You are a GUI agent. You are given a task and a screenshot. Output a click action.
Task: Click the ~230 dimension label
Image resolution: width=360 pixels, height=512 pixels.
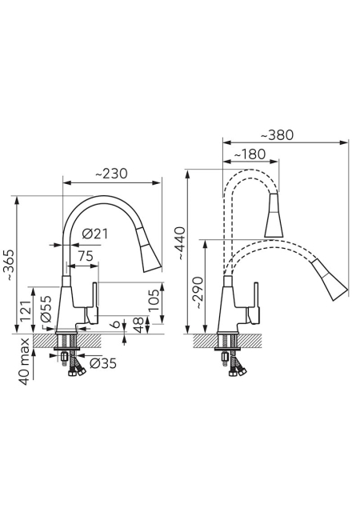click(x=111, y=174)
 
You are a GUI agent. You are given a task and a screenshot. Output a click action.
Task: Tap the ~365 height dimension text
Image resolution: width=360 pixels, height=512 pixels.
click(x=10, y=266)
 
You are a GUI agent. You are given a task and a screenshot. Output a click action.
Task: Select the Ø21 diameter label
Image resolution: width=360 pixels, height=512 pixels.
click(x=94, y=234)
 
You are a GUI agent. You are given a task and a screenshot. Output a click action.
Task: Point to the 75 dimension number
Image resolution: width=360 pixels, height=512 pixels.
click(x=86, y=256)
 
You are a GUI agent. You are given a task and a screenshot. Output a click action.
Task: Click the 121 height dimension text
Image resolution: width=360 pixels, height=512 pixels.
click(x=26, y=310)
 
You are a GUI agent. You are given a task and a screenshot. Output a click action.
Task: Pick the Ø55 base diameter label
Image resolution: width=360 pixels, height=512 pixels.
click(x=46, y=309)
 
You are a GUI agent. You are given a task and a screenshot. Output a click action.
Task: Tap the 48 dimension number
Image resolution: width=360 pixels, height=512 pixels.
click(x=139, y=326)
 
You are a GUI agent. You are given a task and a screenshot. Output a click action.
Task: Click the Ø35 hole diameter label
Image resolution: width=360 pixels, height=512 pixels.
click(x=103, y=363)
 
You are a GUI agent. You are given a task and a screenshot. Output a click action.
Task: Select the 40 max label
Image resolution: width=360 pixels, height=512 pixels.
click(x=25, y=361)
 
